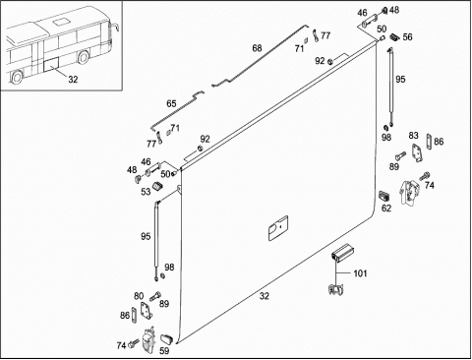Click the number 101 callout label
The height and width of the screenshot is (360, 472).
point(360,273)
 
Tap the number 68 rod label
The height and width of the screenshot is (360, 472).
point(257,48)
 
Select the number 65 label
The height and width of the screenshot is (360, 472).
point(171,103)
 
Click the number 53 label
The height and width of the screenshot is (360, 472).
point(146,192)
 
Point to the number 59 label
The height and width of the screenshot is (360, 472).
point(164,350)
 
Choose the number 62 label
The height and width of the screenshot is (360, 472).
point(386,208)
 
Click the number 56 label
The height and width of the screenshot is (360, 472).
point(407,36)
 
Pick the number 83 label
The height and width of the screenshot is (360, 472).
point(413,135)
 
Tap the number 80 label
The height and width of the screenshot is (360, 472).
point(139,296)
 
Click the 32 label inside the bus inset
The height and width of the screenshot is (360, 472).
point(73,79)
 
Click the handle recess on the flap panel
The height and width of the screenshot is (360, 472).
point(278,228)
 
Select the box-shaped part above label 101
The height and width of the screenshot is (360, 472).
point(341,253)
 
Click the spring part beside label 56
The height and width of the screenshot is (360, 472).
point(394,36)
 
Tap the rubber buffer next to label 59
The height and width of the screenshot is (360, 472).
point(166,338)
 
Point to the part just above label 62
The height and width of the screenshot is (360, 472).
point(383,196)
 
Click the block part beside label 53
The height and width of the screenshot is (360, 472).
point(157,186)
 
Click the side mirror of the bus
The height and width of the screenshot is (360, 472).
point(115,27)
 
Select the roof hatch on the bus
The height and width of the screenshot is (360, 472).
point(60,23)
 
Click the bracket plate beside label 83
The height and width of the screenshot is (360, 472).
point(417,152)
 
